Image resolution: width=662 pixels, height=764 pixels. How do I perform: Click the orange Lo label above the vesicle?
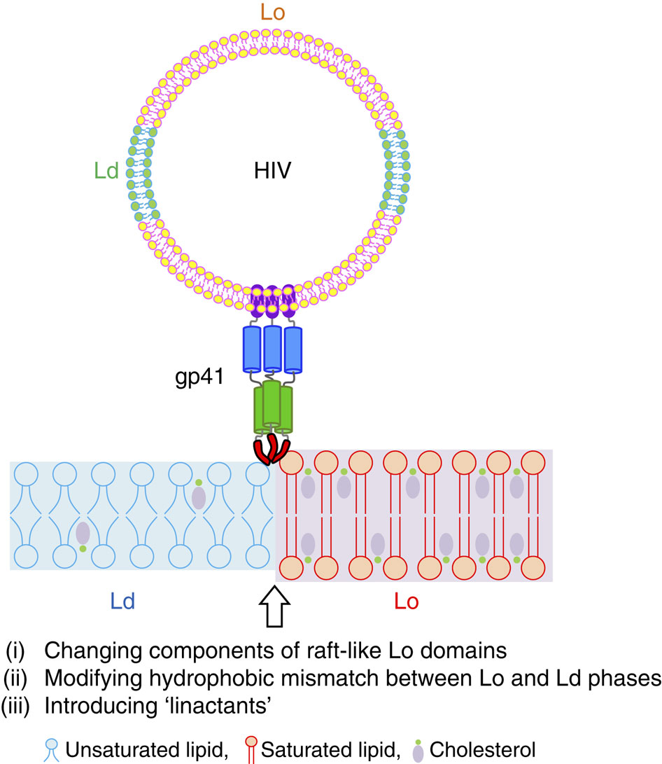(x=273, y=13)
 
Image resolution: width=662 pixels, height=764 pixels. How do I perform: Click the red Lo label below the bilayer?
(x=405, y=602)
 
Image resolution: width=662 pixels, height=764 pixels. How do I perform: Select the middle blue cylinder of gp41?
(x=272, y=349)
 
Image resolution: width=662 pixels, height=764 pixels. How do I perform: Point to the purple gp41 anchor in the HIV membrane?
(x=271, y=299)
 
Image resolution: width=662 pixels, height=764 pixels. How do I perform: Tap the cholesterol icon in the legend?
(x=418, y=747)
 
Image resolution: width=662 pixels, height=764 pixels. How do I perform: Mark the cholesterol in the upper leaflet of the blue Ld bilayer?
(x=199, y=495)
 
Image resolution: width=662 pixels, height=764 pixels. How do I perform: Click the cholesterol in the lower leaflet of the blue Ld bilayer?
(x=83, y=536)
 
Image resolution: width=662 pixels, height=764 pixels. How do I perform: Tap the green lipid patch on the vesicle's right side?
(x=393, y=172)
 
